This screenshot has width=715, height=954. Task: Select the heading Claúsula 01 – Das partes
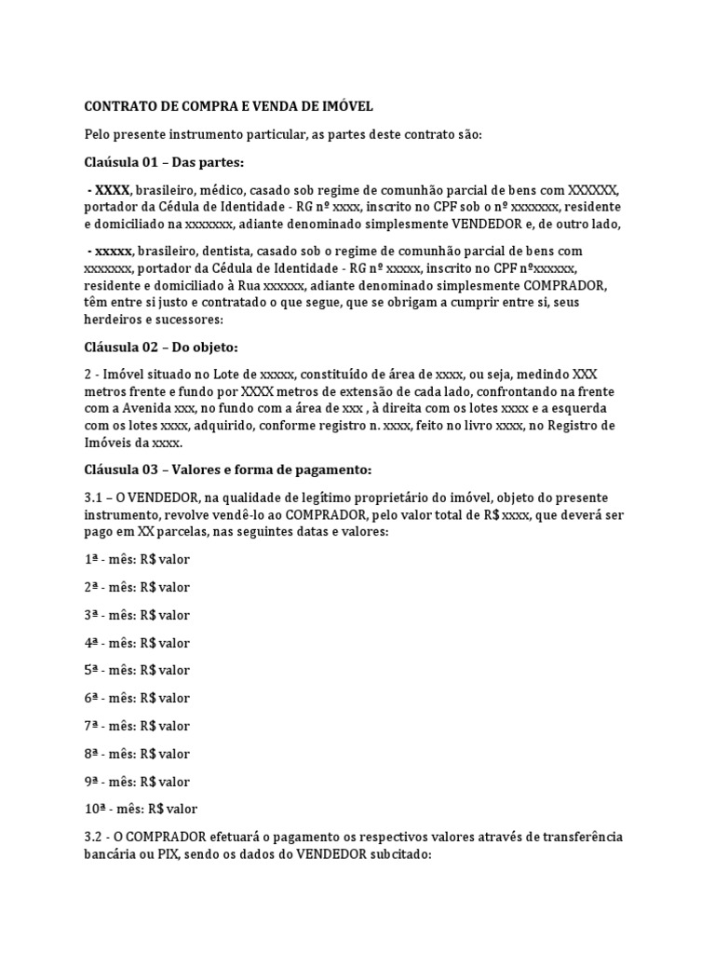pyautogui.click(x=164, y=162)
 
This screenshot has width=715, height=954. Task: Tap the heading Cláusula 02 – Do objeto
pyautogui.click(x=161, y=348)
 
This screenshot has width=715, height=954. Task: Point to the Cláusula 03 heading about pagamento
pyautogui.click(x=228, y=469)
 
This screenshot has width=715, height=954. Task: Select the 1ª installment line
pyautogui.click(x=137, y=560)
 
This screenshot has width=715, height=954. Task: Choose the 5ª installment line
pyautogui.click(x=137, y=670)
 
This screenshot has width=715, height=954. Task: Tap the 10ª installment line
pyautogui.click(x=141, y=809)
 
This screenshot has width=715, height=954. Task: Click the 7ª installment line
pyautogui.click(x=137, y=726)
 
